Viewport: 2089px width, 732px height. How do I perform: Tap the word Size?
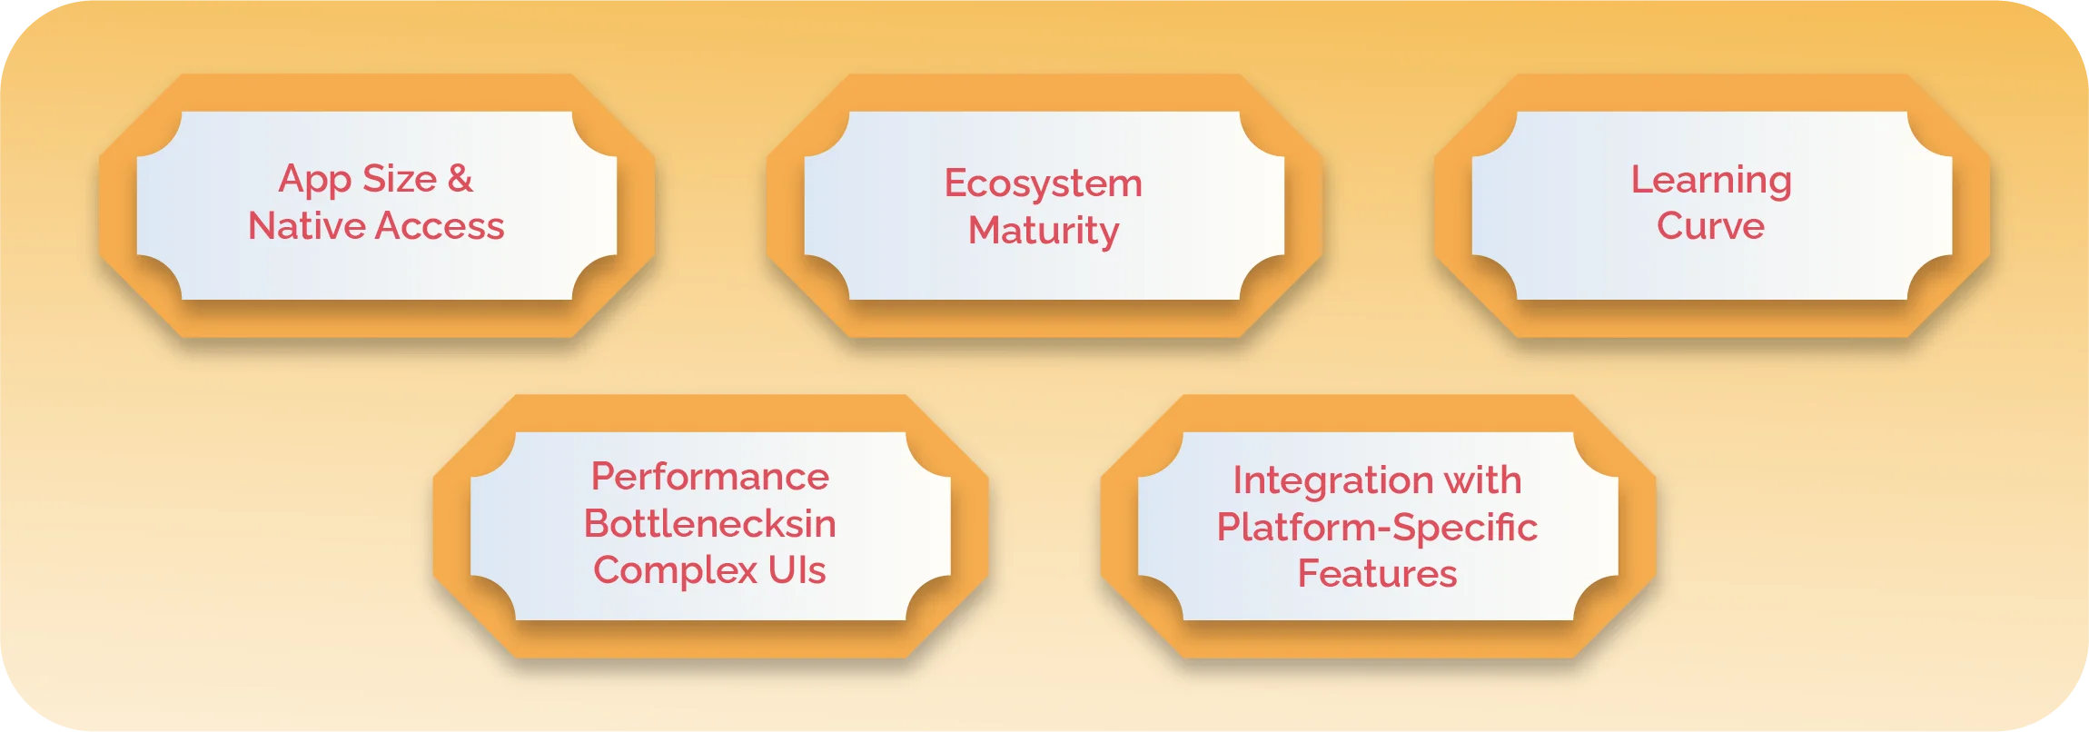400,179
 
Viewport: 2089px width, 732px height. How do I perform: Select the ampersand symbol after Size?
460,179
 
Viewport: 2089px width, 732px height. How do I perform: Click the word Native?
307,225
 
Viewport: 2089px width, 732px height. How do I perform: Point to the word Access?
441,225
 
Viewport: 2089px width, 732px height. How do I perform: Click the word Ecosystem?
1044,183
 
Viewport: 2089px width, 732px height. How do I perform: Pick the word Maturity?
1044,232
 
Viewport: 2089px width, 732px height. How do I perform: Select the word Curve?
1711,225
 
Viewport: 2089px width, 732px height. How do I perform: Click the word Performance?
710,477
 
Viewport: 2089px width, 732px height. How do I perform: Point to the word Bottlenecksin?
710,523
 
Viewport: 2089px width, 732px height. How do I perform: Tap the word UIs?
797,570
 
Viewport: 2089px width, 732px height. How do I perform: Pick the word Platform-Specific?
1377,529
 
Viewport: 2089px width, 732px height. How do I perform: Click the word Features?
1377,574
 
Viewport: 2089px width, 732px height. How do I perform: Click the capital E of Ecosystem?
956,183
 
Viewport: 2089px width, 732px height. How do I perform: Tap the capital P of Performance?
604,477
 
